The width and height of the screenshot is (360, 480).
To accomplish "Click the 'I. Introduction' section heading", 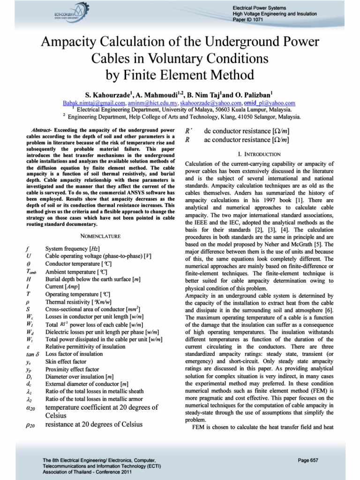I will pyautogui.click(x=259, y=154).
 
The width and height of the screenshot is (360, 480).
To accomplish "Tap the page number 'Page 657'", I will pyautogui.click(x=308, y=460).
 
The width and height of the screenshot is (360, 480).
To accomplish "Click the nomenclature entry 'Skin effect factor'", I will pyautogui.click(x=66, y=362).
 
